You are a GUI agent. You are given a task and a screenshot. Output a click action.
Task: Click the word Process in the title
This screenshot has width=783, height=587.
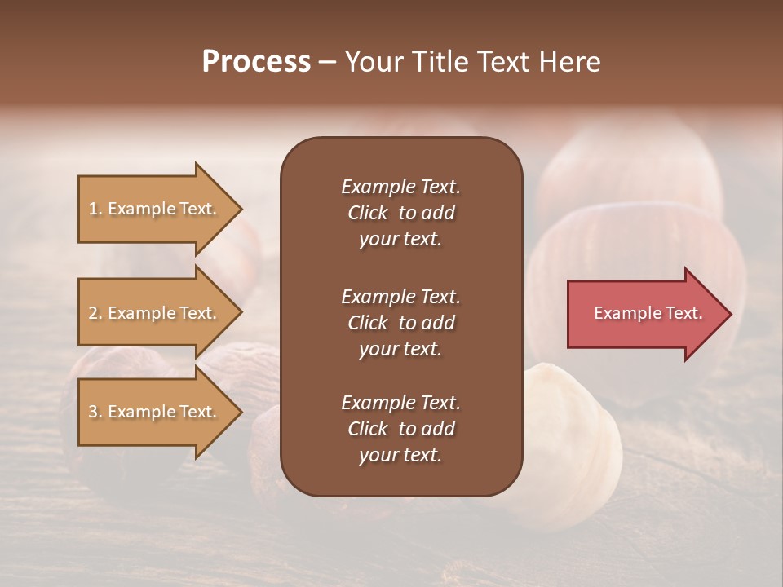pos(256,62)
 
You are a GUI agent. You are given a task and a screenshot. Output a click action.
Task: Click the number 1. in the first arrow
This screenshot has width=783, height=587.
pos(95,209)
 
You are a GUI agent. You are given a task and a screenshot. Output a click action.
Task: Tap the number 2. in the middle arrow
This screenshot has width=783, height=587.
pos(95,313)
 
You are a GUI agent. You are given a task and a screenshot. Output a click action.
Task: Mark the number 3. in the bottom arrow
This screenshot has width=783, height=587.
pos(95,412)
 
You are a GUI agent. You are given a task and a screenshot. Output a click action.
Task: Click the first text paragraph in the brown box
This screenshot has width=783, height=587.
pos(400,213)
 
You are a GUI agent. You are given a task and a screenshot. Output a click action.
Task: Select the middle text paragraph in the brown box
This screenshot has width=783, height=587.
pos(400,323)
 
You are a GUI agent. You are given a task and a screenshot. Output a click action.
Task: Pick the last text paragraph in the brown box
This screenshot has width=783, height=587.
pos(400,429)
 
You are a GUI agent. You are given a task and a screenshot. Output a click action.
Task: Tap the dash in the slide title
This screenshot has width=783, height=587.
pos(327,62)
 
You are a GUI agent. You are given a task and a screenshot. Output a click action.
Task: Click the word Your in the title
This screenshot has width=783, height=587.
pos(368,62)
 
